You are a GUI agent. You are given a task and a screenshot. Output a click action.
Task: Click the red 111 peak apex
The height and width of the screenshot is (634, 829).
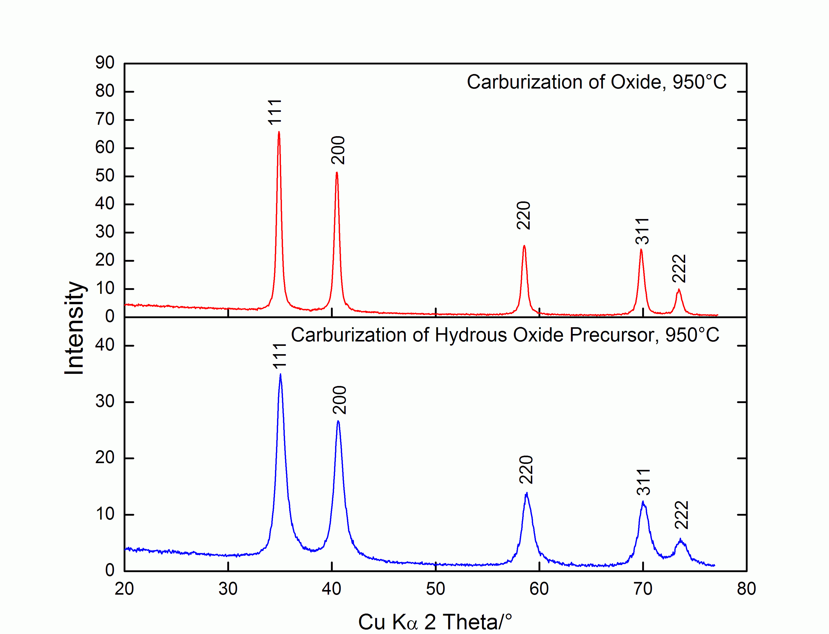point(279,132)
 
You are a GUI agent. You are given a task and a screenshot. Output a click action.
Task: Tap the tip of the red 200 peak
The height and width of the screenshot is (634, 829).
point(337,173)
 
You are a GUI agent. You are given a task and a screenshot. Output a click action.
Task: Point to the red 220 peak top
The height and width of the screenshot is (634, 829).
point(524,246)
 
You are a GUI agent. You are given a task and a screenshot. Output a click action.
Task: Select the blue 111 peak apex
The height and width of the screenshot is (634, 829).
point(280,374)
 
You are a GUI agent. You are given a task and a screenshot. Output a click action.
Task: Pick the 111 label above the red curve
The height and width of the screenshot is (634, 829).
point(275,112)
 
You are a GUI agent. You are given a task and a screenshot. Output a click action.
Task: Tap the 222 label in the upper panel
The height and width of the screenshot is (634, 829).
point(679,268)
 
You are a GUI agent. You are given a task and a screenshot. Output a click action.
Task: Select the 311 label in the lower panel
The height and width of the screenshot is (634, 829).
point(643,482)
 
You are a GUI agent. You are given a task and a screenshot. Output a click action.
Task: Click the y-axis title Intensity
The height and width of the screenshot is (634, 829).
point(74,327)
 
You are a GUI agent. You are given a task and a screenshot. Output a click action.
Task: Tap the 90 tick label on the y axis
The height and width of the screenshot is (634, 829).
point(105,63)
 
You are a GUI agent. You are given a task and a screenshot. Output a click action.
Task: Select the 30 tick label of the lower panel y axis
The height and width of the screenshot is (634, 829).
point(105,401)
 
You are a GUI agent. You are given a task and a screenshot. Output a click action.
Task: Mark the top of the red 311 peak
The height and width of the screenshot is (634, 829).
point(641,250)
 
